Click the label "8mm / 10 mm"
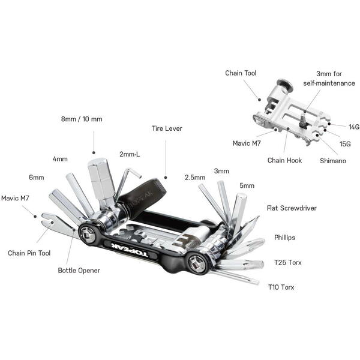click(81, 119)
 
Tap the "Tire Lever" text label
click(167, 128)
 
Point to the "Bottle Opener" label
click(79, 270)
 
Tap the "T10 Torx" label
click(281, 287)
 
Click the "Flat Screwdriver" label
click(292, 208)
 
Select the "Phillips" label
click(286, 238)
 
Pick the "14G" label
click(354, 127)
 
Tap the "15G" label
click(345, 144)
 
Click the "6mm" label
click(36, 178)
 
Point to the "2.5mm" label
click(194, 178)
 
